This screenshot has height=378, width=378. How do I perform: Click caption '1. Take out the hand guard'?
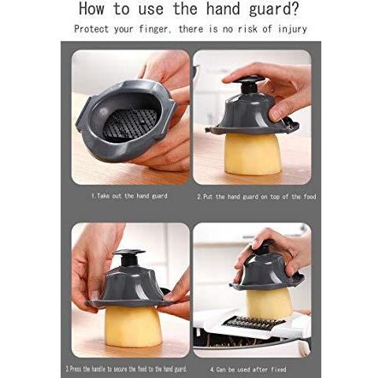(131, 195)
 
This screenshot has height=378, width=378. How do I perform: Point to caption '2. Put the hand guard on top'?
(256, 196)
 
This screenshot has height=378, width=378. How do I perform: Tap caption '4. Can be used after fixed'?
(248, 369)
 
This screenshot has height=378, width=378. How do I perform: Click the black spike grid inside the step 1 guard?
(129, 124)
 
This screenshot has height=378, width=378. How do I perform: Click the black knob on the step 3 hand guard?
(128, 258)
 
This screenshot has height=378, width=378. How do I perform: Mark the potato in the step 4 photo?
(269, 303)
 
